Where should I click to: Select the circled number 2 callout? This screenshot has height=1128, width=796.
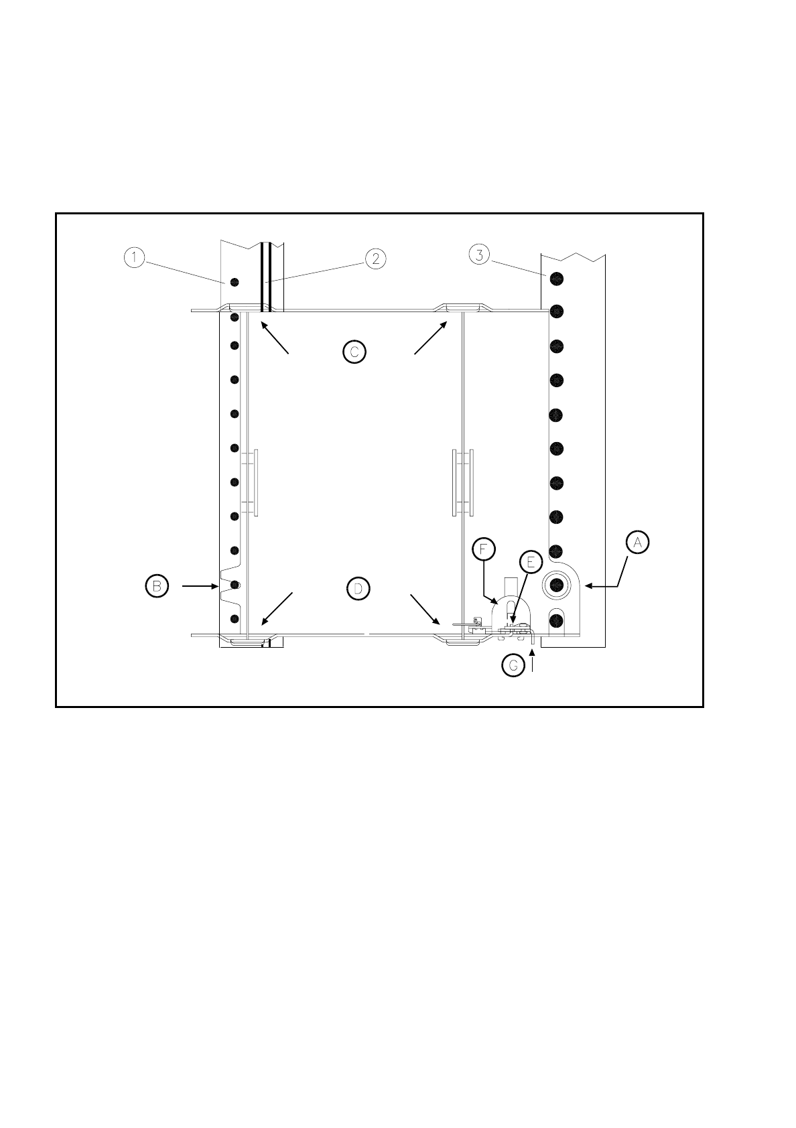pos(375,259)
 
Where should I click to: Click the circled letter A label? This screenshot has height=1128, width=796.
pos(638,542)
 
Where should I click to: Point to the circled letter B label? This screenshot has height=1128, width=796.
pos(156,585)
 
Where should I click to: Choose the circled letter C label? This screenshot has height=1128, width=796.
pos(354,351)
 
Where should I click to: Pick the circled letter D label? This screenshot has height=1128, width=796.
pos(358,588)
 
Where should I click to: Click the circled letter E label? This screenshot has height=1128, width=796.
pos(530,561)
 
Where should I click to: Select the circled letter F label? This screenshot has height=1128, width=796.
pos(483,549)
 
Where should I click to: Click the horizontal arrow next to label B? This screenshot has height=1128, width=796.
pos(200,586)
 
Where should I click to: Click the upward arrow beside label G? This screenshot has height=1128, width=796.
pos(533,662)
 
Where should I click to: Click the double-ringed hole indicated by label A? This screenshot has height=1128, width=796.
pos(555,585)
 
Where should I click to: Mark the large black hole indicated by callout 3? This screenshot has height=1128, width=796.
pos(555,277)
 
